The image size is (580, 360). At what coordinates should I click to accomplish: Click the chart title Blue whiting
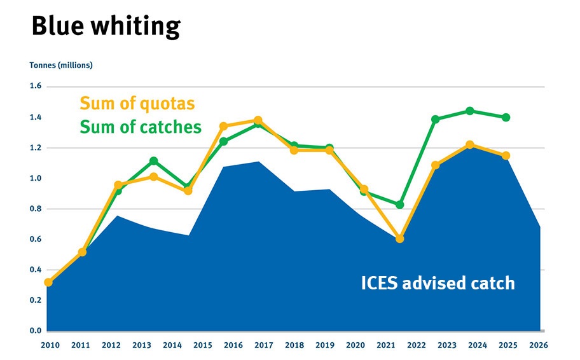tap(106, 27)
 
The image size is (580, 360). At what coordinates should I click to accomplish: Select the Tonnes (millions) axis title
tap(61, 65)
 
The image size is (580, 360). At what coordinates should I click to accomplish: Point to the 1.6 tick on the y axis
tap(35, 87)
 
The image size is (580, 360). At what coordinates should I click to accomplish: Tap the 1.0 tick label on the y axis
tap(35, 179)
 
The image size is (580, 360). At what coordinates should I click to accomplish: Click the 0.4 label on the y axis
tap(35, 270)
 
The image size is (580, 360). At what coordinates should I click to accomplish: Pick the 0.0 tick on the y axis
tap(35, 331)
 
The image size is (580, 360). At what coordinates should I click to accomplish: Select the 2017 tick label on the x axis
tap(263, 345)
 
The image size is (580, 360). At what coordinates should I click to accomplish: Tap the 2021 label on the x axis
tap(385, 345)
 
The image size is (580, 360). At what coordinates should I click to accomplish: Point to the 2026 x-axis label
tap(538, 345)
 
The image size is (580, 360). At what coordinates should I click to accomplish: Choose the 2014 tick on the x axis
tap(172, 345)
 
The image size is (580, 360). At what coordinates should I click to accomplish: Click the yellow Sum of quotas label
tap(137, 103)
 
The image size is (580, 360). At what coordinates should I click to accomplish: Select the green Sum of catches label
tap(141, 127)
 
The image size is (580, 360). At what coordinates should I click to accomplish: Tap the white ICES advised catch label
tap(438, 283)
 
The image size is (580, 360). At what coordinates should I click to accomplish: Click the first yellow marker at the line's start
tap(48, 282)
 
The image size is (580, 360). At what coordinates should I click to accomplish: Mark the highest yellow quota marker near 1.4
tap(258, 120)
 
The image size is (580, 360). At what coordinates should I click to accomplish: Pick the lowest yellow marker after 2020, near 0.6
tap(399, 239)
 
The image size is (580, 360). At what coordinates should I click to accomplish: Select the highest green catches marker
tap(470, 111)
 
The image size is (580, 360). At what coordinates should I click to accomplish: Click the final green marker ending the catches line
tap(506, 117)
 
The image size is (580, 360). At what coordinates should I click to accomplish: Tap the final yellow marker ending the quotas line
tap(506, 156)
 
